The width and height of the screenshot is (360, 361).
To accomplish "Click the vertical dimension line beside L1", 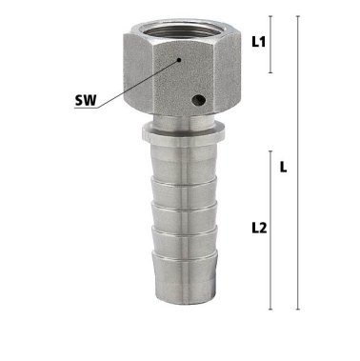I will pyautogui.click(x=272, y=44).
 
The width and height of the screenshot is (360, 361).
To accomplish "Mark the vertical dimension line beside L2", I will pyautogui.click(x=272, y=229).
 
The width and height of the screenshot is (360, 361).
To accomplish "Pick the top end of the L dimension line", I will pyautogui.click(x=300, y=17).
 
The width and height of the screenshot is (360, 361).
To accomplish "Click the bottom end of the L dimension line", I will pyautogui.click(x=300, y=311).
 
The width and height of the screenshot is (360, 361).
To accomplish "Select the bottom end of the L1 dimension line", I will pyautogui.click(x=272, y=72).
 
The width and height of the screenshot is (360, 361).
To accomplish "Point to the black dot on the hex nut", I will pyautogui.click(x=178, y=58).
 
